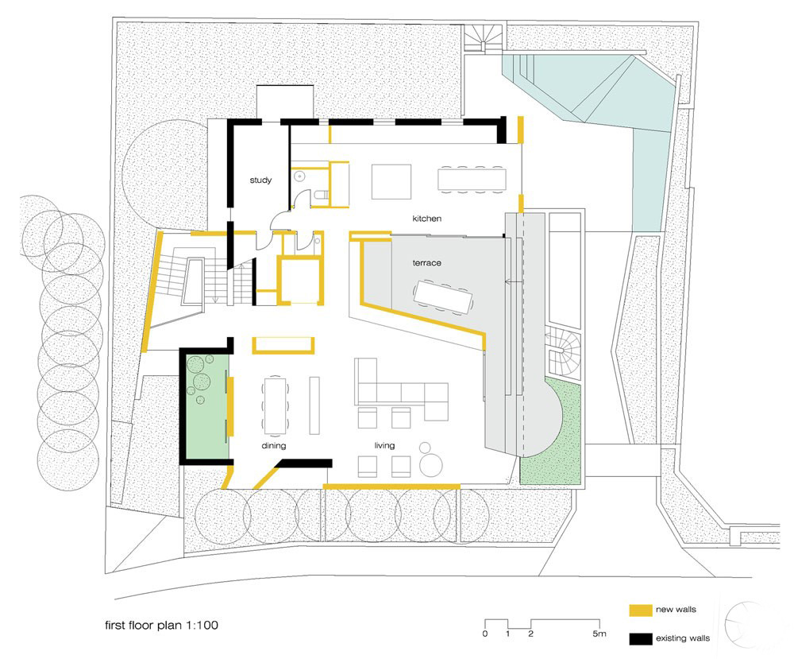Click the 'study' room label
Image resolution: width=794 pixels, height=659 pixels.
click(x=260, y=180)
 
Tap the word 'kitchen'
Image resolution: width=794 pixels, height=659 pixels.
click(x=426, y=219)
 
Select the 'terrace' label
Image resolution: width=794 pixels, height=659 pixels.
click(x=426, y=263)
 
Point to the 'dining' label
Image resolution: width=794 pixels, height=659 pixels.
click(x=273, y=446)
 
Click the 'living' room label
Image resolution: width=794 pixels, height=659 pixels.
click(x=384, y=446)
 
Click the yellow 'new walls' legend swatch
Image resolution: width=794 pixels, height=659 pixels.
click(x=641, y=611)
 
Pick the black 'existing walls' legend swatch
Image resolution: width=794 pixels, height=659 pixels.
click(x=641, y=638)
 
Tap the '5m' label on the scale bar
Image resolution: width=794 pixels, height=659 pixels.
click(x=599, y=634)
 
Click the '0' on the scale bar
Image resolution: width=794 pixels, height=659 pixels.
click(x=485, y=634)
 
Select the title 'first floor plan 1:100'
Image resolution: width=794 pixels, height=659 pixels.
click(x=161, y=625)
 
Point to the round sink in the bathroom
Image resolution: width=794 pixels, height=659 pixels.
click(x=299, y=176)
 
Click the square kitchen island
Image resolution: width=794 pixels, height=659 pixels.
click(x=391, y=181)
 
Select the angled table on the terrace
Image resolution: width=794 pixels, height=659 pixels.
click(x=442, y=297)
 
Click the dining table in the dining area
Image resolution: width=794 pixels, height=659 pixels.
click(x=275, y=405)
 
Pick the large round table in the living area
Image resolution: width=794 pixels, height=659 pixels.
click(x=431, y=464)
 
